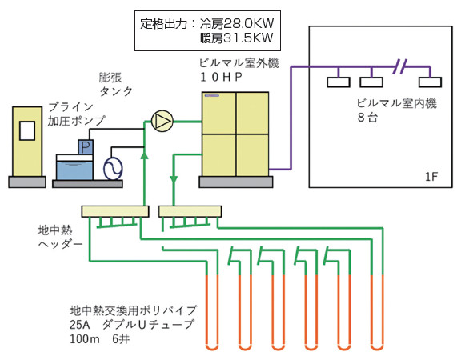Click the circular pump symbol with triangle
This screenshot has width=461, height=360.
162,122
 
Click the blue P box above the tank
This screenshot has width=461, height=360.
86,146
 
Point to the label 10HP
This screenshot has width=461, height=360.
225,76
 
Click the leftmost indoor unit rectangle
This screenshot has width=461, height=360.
337,81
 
